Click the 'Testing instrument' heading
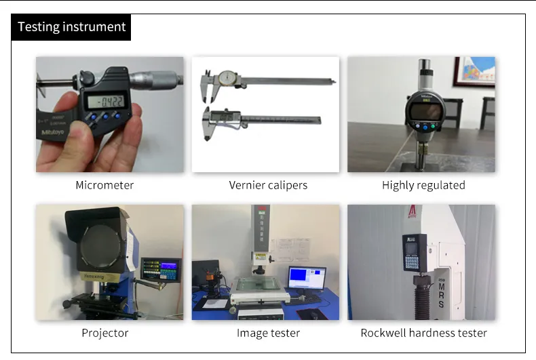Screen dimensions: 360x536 [71, 27]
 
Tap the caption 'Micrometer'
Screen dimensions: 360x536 [104, 185]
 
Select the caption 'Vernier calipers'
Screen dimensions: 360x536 [268, 185]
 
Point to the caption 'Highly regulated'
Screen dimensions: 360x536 [423, 185]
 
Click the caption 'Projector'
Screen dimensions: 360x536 [104, 333]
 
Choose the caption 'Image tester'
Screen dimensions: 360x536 [268, 333]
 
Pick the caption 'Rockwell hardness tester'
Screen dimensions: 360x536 [423, 333]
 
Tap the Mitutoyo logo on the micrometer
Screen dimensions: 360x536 [51, 132]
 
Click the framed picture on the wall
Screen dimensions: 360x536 [473, 72]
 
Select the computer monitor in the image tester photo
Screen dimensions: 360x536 [307, 278]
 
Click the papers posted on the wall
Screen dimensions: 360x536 [290, 250]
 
